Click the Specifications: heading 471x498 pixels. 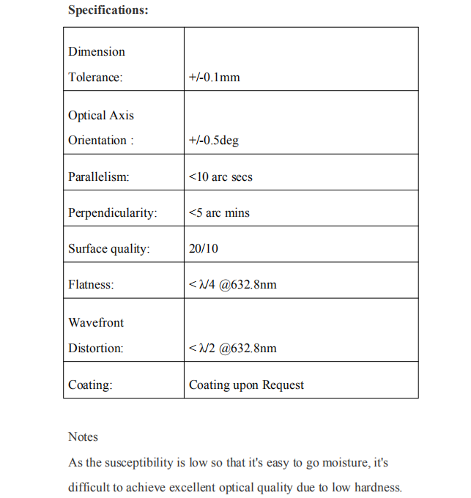[x=108, y=10]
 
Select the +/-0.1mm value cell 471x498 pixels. [x=214, y=77]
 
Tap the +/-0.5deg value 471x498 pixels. [x=213, y=141]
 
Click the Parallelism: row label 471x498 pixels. [x=98, y=177]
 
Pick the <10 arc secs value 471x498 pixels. [x=220, y=177]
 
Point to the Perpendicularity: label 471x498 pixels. [x=113, y=213]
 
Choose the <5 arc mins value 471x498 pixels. [x=219, y=213]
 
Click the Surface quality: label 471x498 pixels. [x=109, y=249]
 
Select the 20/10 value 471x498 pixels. [x=203, y=249]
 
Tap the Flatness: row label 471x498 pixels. [x=91, y=285]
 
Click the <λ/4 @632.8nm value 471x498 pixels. [x=232, y=285]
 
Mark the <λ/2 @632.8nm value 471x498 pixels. [x=232, y=349]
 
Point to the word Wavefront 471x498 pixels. [x=96, y=323]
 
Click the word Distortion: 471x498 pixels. [x=96, y=349]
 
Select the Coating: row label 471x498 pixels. [x=90, y=385]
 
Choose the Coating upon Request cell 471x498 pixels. [x=246, y=385]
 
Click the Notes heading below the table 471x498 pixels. [x=83, y=437]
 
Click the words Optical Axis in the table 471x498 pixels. [x=101, y=116]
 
